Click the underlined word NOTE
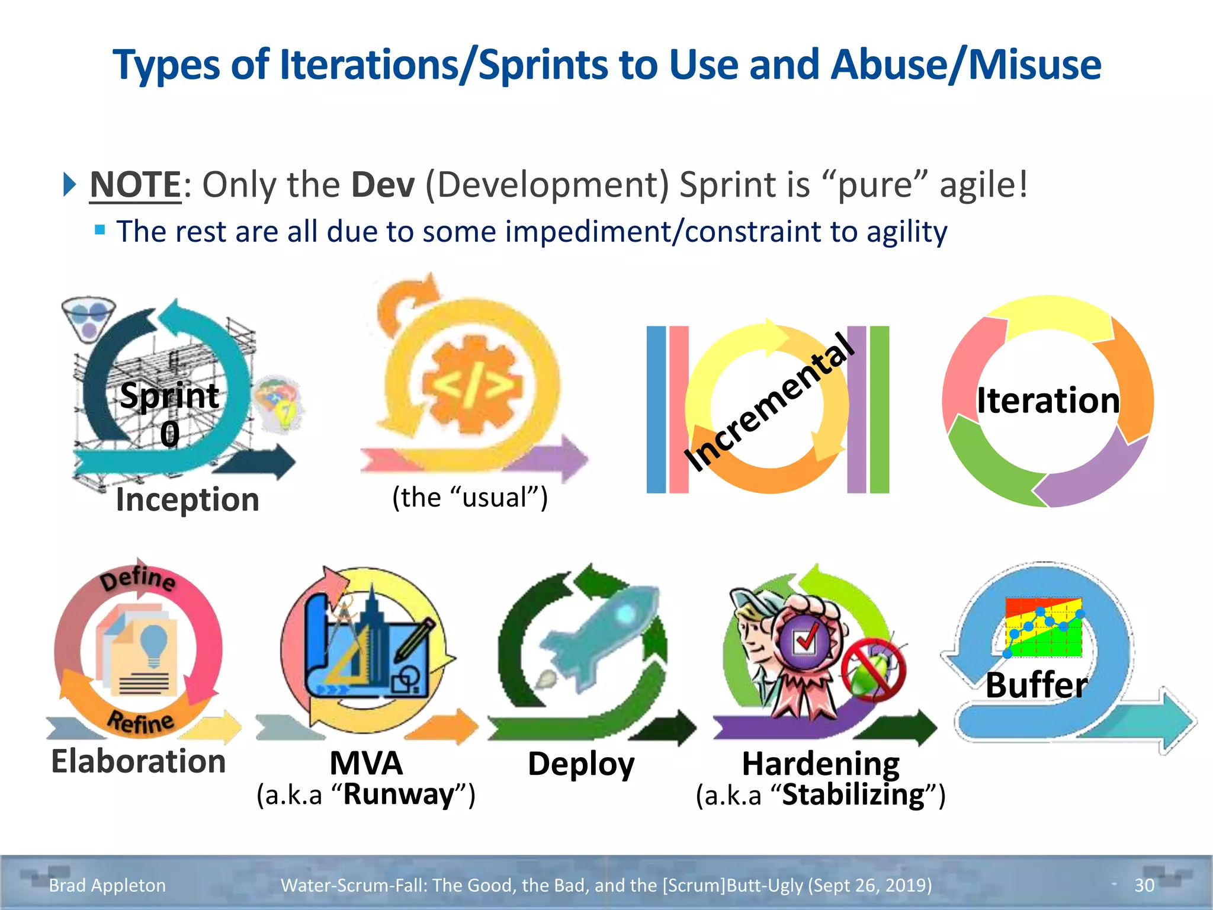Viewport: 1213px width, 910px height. click(135, 185)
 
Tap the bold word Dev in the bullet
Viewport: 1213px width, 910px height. click(383, 185)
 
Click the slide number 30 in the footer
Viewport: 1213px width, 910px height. click(1144, 885)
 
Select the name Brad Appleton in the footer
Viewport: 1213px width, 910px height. click(107, 885)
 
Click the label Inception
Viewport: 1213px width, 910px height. click(187, 499)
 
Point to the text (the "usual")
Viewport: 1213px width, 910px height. click(470, 497)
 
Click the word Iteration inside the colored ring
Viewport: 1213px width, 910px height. click(1048, 400)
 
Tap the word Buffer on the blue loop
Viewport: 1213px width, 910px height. click(1036, 685)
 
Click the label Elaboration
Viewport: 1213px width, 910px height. click(138, 761)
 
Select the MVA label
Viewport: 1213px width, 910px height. click(366, 763)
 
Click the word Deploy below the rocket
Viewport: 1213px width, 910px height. click(580, 764)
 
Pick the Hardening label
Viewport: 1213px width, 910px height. click(820, 764)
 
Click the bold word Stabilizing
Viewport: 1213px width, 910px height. click(853, 795)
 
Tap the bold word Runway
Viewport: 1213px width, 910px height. click(398, 794)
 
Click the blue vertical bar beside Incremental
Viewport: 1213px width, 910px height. click(656, 409)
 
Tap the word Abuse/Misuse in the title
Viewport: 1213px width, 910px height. click(965, 65)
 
